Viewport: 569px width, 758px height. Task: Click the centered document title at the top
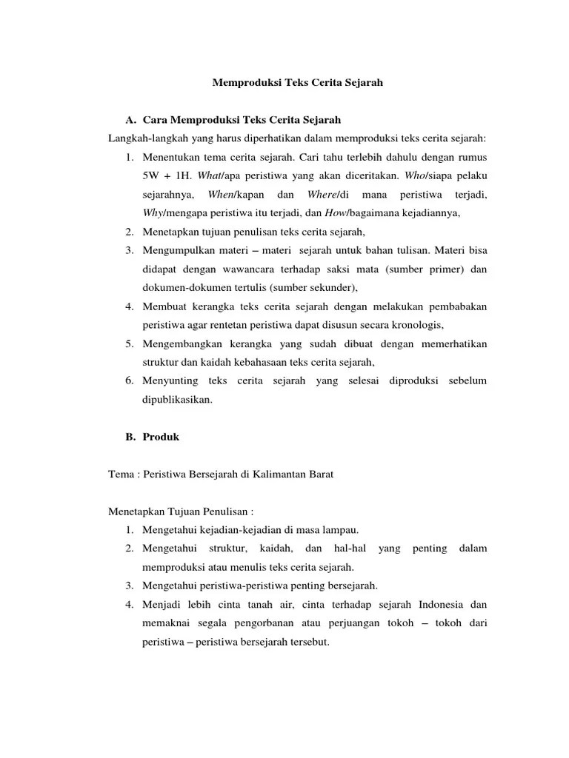pos(298,83)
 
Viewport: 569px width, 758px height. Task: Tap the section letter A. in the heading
pos(133,120)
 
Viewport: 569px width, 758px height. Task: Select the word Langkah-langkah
pos(143,138)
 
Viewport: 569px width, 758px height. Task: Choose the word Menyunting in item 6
pos(170,380)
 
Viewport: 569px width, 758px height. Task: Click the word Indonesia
pos(440,604)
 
